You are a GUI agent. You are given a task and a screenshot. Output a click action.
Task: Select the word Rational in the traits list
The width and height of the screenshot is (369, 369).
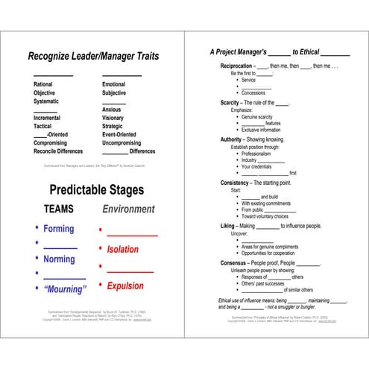tap(43, 84)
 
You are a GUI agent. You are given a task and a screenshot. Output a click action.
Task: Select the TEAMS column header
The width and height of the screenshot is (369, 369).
tap(59, 209)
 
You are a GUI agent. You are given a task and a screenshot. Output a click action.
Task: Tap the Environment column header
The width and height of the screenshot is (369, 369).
tap(128, 209)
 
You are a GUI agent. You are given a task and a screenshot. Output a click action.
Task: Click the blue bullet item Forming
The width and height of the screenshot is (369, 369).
tap(59, 229)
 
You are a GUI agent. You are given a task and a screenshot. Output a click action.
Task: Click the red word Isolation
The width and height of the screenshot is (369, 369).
tap(122, 250)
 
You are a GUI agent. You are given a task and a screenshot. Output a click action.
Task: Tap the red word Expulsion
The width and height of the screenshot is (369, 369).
tap(124, 286)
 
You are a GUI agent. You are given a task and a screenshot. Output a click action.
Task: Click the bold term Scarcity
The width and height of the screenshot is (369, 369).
tap(234, 102)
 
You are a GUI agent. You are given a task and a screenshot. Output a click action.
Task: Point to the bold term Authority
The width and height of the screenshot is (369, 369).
tap(235, 139)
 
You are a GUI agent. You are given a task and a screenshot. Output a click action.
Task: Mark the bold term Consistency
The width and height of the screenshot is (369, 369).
tap(239, 183)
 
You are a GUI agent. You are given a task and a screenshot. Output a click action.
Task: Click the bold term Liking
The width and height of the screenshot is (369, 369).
tap(228, 225)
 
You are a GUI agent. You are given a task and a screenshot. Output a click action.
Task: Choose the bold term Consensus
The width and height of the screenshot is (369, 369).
tap(238, 262)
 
